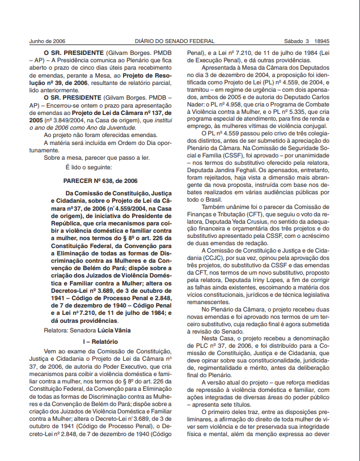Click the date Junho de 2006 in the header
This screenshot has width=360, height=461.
(x=47, y=41)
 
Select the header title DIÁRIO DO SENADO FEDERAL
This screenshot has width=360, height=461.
(x=175, y=41)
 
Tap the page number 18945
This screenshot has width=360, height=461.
(x=321, y=41)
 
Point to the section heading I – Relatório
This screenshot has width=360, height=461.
(x=100, y=342)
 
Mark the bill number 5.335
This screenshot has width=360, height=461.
(x=299, y=112)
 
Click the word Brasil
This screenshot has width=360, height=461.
(x=212, y=199)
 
